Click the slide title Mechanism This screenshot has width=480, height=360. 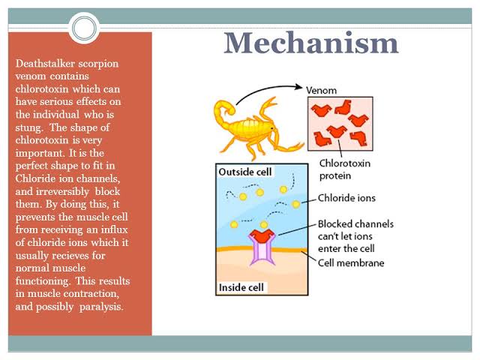[311, 43]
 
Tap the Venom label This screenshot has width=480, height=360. [321, 90]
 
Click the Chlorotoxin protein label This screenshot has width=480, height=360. [344, 169]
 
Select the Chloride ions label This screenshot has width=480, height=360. [346, 198]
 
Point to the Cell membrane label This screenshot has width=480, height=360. [351, 263]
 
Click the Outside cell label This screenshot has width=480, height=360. [245, 172]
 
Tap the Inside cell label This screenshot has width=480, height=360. [241, 287]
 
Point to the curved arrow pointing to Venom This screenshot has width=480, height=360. [265, 89]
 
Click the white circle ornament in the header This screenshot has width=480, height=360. [84, 28]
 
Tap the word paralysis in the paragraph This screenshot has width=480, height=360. [101, 307]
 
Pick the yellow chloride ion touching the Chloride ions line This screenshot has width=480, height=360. [296, 204]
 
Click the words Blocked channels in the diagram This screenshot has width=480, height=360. [355, 223]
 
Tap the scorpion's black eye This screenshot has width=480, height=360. [271, 128]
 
